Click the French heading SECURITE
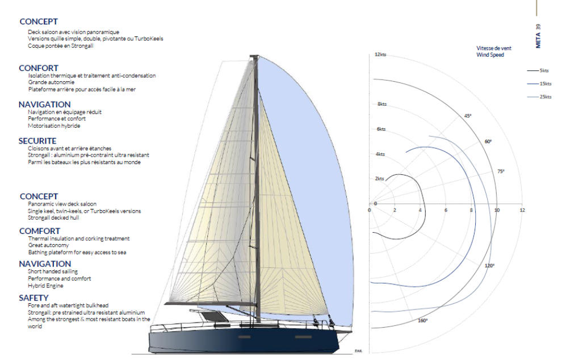click(x=37, y=141)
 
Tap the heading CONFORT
click(x=39, y=68)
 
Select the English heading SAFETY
click(x=33, y=298)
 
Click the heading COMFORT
click(x=40, y=231)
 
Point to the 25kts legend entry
click(x=539, y=97)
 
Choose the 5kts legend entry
click(x=538, y=71)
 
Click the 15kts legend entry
click(x=539, y=84)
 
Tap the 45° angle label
click(x=468, y=116)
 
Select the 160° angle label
click(x=423, y=321)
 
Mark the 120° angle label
click(x=489, y=266)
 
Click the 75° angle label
click(x=501, y=171)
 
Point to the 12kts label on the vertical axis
click(x=380, y=55)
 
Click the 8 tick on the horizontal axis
click(x=471, y=210)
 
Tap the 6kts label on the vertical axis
click(x=381, y=129)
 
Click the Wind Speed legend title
click(x=490, y=55)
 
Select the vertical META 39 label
click(x=538, y=36)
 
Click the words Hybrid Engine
click(x=45, y=286)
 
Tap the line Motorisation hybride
click(x=54, y=125)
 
